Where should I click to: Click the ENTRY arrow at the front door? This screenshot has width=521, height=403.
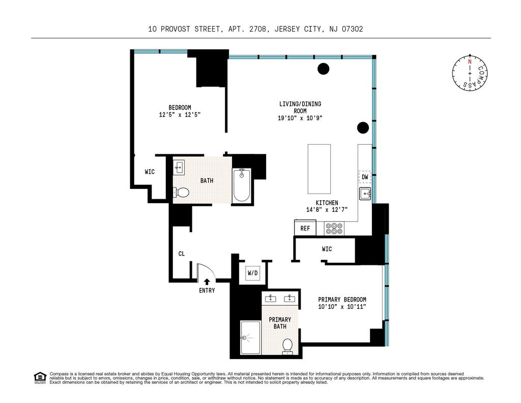207,282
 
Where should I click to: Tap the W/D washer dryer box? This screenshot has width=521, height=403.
252,273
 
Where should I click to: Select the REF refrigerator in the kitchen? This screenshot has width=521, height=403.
305,228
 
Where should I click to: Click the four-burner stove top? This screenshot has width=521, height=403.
334,228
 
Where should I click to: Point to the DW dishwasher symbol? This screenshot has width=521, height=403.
365,177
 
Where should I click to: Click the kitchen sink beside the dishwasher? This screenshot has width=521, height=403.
365,193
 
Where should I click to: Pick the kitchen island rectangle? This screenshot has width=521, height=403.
319,169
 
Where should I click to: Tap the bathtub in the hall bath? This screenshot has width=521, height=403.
242,185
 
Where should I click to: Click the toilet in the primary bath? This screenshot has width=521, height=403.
287,346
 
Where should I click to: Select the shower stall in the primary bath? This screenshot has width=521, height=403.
250,337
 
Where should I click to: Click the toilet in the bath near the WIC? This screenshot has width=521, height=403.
181,192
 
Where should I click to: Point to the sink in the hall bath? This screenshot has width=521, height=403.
179,167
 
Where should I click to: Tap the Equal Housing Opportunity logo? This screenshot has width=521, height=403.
40,378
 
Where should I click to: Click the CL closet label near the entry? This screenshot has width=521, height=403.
182,254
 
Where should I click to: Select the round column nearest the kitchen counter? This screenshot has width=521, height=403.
363,128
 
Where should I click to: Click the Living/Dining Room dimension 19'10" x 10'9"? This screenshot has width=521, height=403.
300,118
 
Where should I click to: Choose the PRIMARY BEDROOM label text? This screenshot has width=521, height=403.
342,299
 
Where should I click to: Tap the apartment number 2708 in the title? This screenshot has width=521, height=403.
258,29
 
